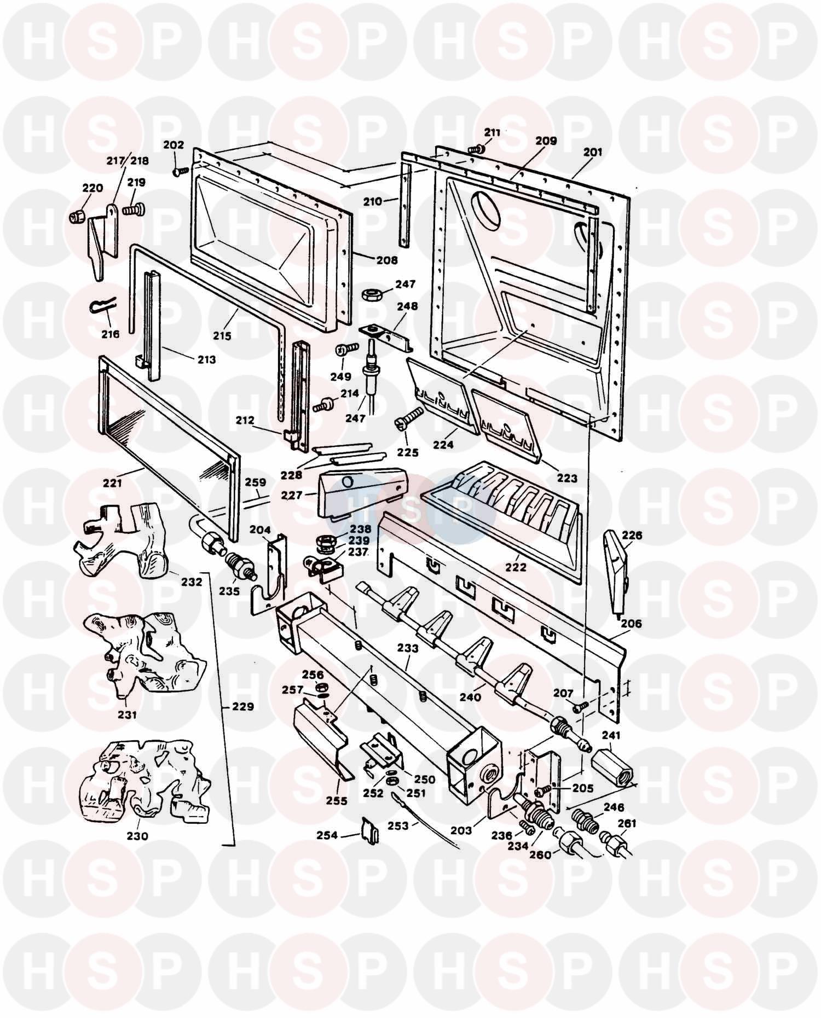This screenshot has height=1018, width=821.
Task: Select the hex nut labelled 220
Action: (77, 216)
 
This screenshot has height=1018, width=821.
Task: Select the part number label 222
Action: (516, 567)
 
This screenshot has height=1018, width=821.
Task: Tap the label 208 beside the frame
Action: (386, 260)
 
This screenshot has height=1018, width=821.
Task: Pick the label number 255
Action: (337, 801)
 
